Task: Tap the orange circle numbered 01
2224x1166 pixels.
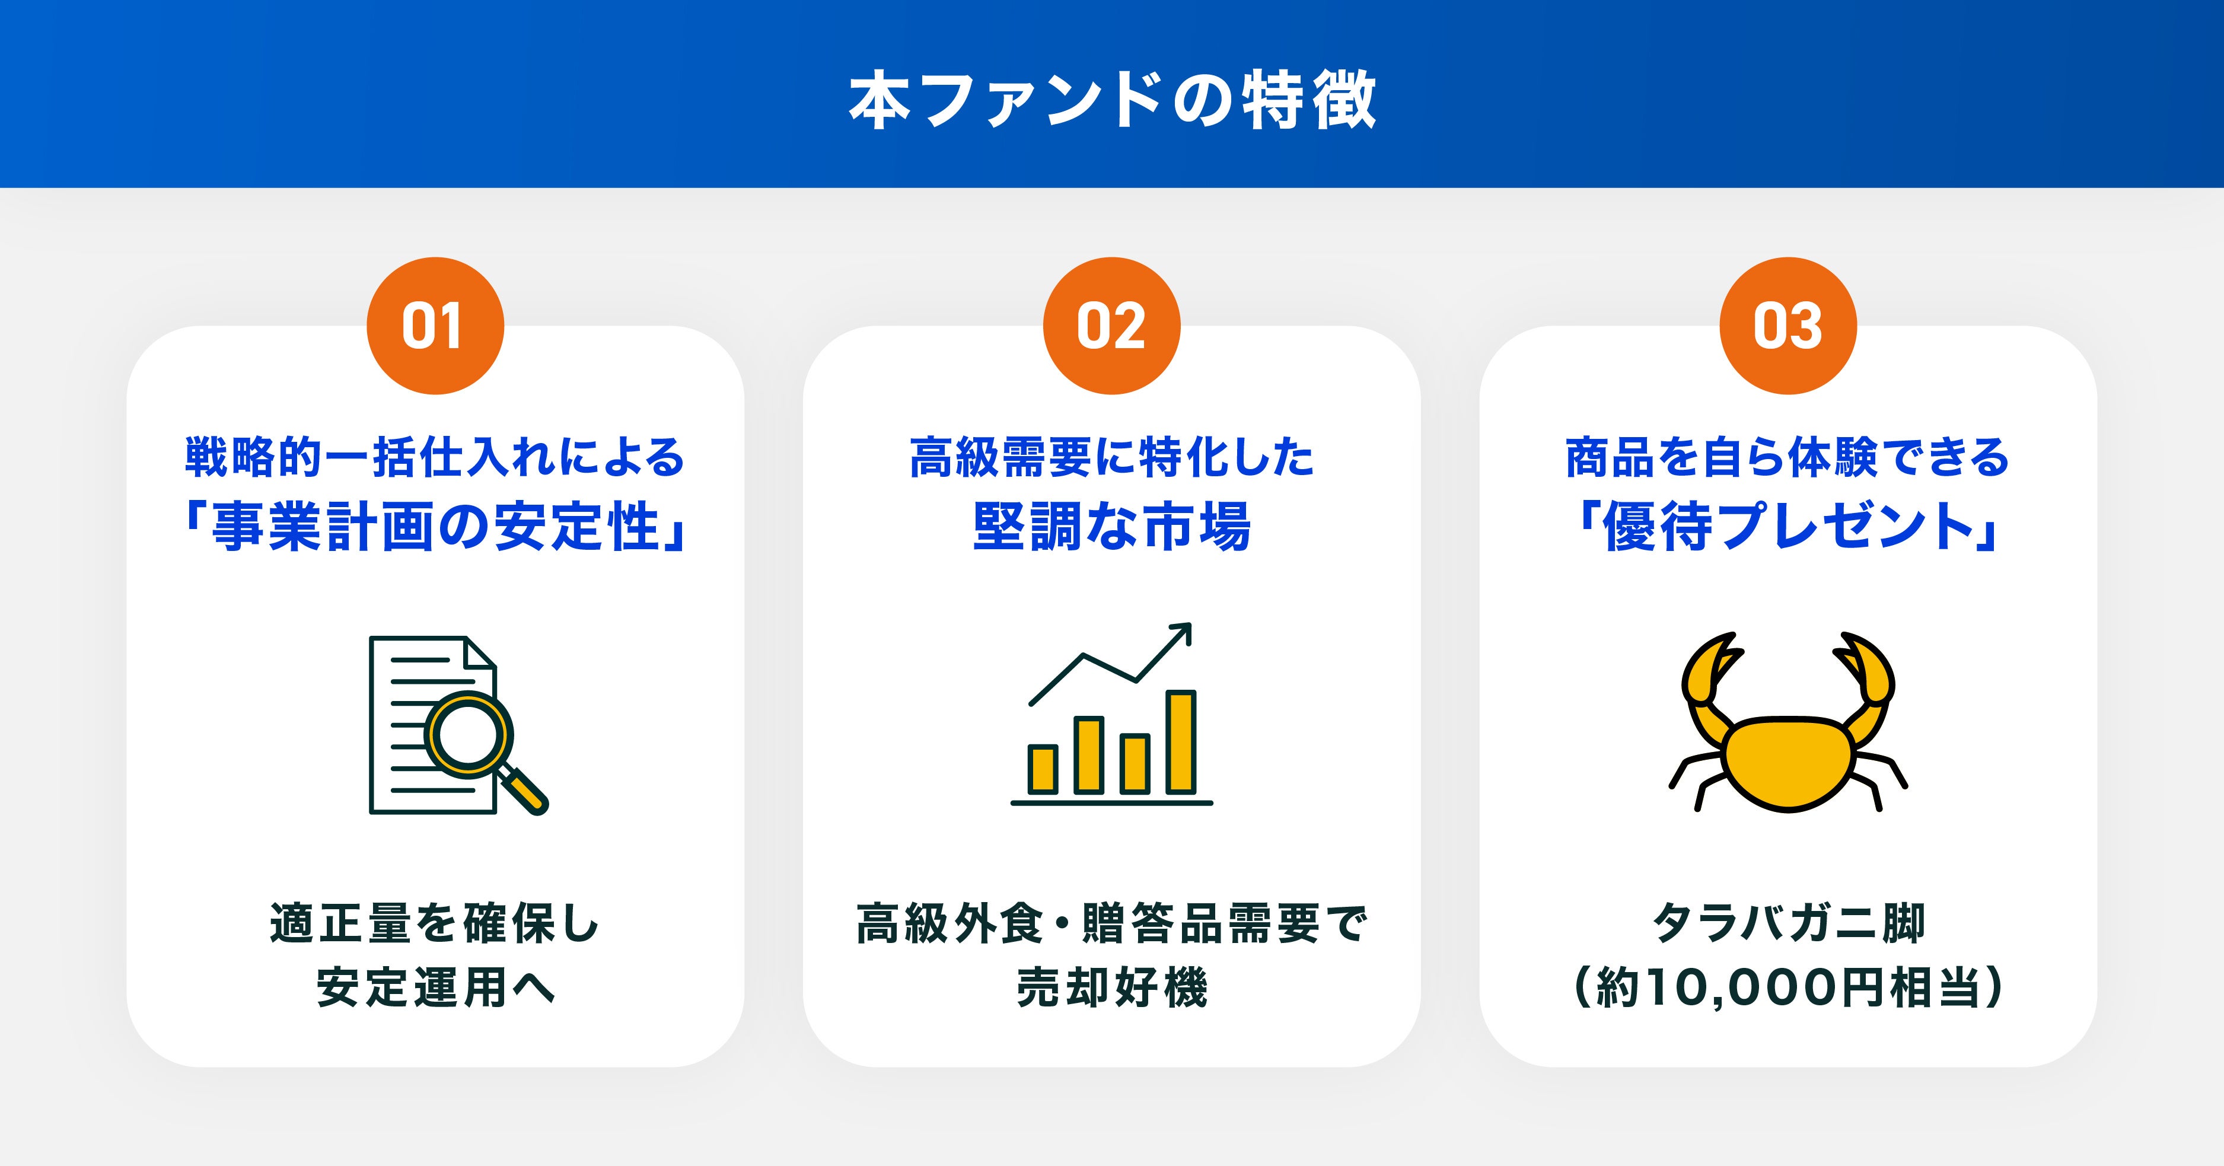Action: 435,326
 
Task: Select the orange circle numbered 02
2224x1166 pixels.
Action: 1112,326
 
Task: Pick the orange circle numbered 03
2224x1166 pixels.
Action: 1788,326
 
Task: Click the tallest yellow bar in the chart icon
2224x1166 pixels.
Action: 1180,741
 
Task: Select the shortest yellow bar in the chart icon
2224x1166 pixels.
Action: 1043,769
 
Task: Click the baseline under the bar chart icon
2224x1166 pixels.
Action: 1112,802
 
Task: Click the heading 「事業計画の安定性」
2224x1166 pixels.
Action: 435,527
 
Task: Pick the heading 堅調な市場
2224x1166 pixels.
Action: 1112,527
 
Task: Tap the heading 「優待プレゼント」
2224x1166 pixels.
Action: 1788,527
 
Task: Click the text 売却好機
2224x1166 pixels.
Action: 1112,987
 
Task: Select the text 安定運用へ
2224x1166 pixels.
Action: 435,987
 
